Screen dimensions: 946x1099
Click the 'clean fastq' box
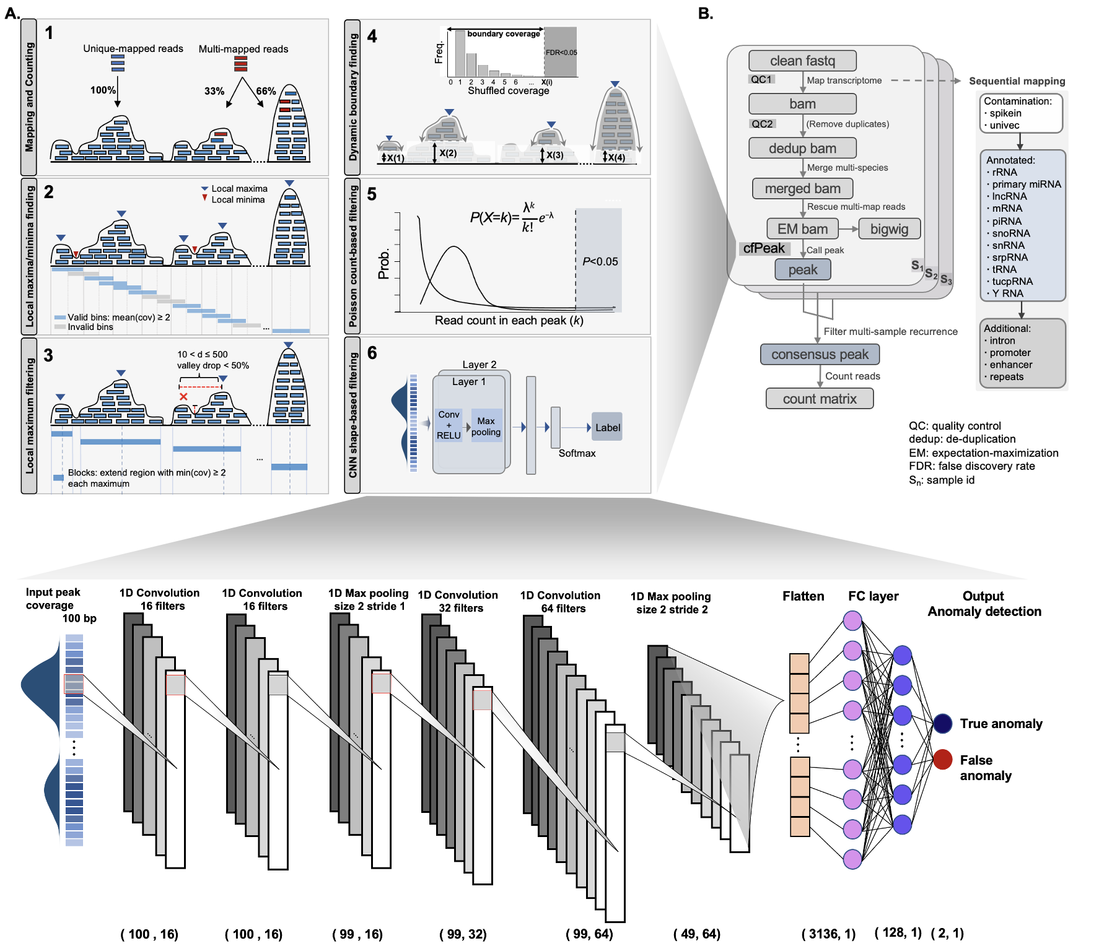(802, 61)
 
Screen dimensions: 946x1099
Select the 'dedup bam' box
(802, 149)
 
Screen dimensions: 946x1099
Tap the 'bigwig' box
(889, 229)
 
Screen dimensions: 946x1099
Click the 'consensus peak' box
(820, 355)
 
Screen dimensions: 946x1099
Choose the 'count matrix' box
(820, 399)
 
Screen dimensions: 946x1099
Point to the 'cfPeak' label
(764, 248)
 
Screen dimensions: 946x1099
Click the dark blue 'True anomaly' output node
(942, 723)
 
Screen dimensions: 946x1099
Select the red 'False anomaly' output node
(942, 760)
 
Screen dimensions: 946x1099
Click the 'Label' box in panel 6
(607, 428)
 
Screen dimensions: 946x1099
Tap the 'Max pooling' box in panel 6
(486, 426)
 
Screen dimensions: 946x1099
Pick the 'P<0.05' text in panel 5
(600, 262)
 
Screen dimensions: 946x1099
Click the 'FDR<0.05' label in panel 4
(561, 53)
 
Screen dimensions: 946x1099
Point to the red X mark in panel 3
(183, 397)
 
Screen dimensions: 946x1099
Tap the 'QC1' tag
(761, 80)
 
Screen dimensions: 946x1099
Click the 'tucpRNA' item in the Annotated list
(1012, 282)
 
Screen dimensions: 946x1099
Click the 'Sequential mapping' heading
(1017, 81)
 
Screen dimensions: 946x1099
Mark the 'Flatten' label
(803, 596)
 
